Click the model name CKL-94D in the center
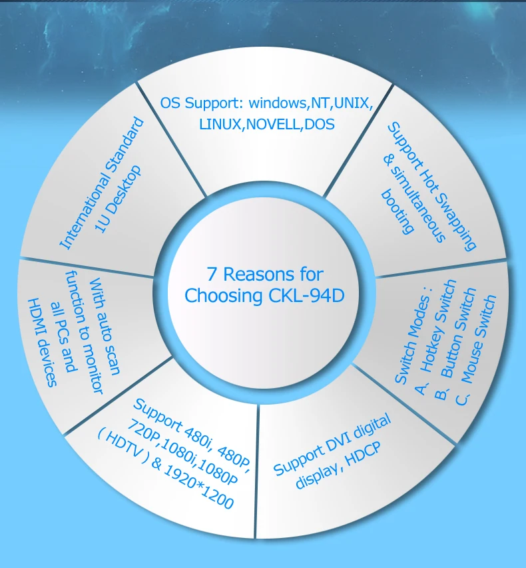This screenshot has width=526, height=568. tap(306, 295)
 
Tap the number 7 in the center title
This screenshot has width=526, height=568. tap(212, 274)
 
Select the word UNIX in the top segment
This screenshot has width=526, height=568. tap(352, 103)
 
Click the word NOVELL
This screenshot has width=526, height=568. tap(274, 124)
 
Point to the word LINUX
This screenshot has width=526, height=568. tap(220, 124)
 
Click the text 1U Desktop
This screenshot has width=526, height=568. tap(118, 199)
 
